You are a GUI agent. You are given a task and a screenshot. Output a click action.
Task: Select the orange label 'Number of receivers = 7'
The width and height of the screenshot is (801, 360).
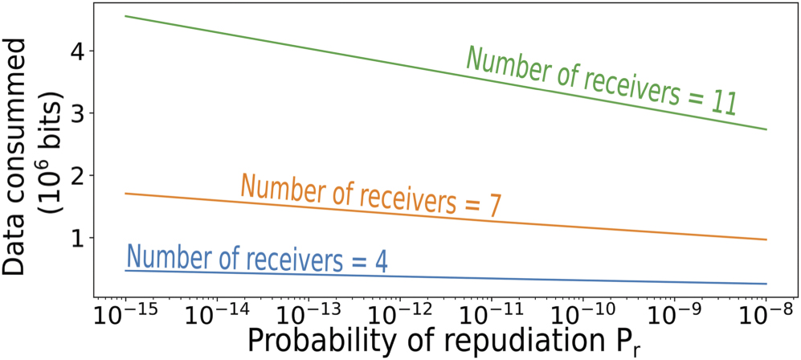coord(371,195)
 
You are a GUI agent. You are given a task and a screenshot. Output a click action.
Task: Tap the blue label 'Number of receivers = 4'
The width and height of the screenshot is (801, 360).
coord(257,259)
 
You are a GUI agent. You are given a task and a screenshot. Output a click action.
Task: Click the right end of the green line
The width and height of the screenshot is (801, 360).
coord(767,129)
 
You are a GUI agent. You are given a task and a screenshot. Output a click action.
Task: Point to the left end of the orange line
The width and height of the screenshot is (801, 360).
coord(126,193)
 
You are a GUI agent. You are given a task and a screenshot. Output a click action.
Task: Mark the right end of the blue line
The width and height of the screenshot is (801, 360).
coord(767,284)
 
